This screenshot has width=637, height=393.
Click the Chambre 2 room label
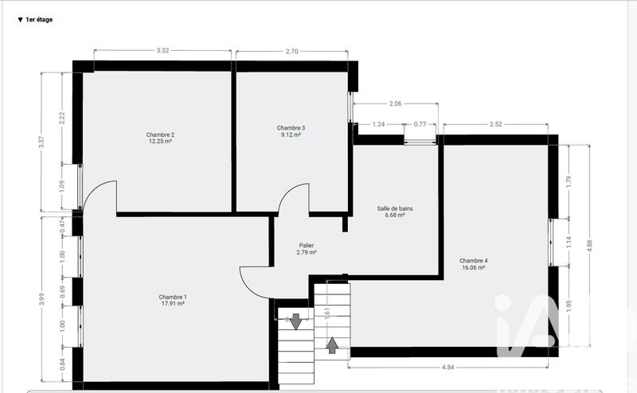(x=160, y=134)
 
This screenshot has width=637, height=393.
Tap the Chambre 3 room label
(x=291, y=128)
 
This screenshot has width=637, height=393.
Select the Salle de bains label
(x=395, y=208)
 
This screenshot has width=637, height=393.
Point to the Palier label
(x=306, y=246)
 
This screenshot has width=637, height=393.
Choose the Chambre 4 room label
(x=474, y=261)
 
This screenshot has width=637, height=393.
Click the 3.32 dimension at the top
(x=162, y=51)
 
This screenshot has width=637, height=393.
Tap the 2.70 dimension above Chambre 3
(x=291, y=51)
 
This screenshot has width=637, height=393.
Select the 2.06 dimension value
(x=396, y=103)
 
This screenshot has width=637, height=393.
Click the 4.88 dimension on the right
(x=589, y=246)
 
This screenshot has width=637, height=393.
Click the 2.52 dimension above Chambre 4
(x=495, y=124)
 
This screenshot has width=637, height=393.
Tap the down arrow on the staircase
(x=295, y=321)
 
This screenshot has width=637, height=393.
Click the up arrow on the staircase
(x=332, y=344)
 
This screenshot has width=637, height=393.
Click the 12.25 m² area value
(x=160, y=142)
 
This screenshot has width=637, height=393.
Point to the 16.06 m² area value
(x=474, y=268)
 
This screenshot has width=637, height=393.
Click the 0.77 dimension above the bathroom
(x=420, y=124)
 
